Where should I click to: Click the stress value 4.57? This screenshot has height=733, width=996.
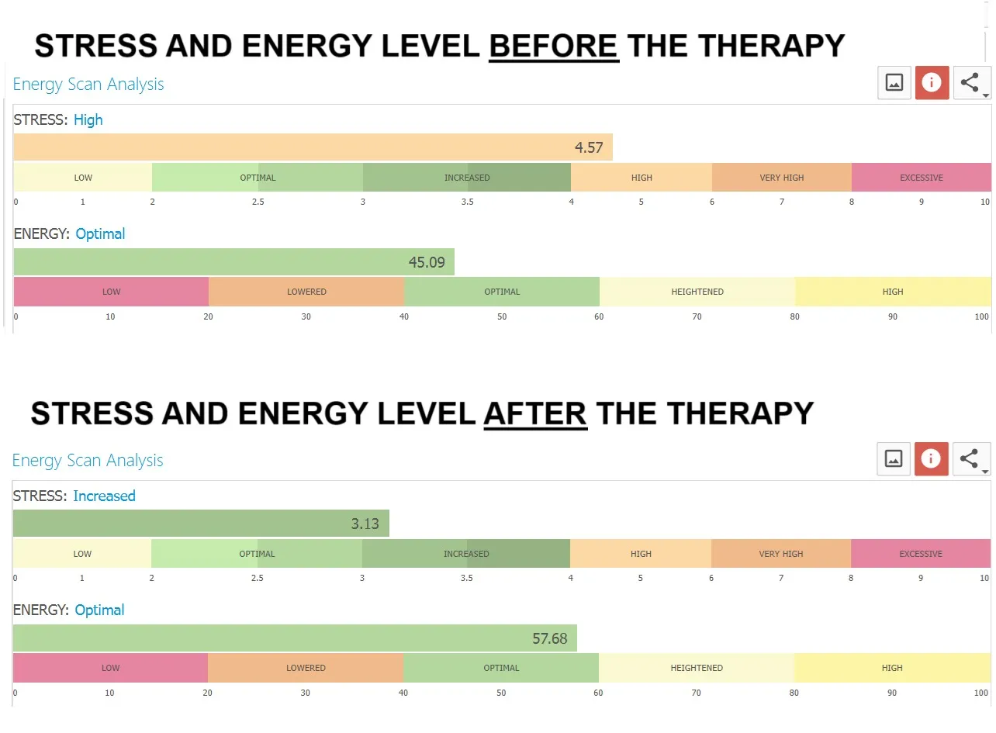pos(589,147)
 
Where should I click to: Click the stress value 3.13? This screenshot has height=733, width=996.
pos(365,524)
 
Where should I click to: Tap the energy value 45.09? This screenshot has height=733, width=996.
pos(427,262)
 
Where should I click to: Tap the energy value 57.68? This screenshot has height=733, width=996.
pos(550,639)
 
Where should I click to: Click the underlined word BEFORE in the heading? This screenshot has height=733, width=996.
pos(554,46)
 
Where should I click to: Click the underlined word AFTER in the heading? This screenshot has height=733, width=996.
pos(535,413)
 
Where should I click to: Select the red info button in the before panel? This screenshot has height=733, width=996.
pos(932,83)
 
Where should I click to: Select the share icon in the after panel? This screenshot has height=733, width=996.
pos(971,459)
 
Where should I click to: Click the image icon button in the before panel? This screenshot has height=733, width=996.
pos(894,83)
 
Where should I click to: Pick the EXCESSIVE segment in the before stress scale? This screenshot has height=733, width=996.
pos(922,178)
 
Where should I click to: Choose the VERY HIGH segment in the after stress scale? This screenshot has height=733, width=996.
pos(781,554)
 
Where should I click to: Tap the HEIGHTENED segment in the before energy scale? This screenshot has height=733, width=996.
pos(697,292)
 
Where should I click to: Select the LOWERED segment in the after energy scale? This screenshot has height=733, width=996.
pos(306,668)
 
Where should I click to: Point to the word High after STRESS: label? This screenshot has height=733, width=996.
pos(88,120)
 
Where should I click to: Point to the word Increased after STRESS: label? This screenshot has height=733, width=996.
pos(104,496)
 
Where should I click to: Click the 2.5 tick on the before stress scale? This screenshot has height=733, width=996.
pos(258,202)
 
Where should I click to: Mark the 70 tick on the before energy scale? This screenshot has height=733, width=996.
pos(697,316)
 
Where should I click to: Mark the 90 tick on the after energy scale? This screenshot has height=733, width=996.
pos(892,693)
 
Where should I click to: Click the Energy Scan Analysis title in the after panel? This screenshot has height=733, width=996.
pos(88,461)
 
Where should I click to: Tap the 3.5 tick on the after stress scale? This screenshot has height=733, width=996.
pos(466,578)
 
